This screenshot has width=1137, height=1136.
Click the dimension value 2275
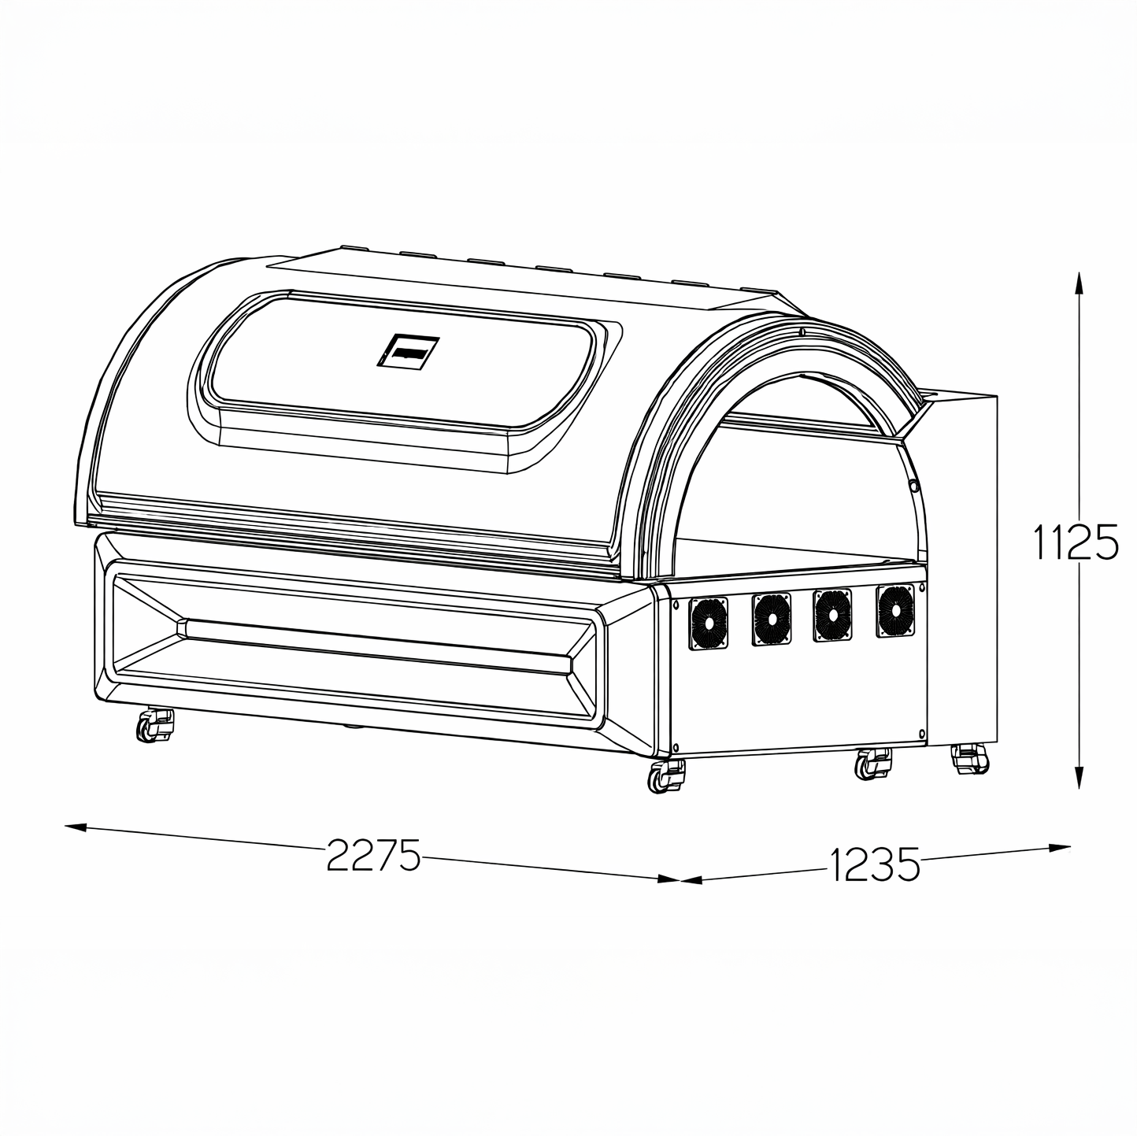click(x=373, y=855)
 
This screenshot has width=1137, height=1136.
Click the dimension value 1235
click(x=875, y=864)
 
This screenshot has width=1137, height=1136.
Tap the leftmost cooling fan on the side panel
click(x=709, y=624)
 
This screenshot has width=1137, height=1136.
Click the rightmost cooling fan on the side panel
click(x=895, y=610)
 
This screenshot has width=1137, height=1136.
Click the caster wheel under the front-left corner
click(x=155, y=725)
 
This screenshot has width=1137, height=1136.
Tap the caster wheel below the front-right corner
click(x=666, y=775)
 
